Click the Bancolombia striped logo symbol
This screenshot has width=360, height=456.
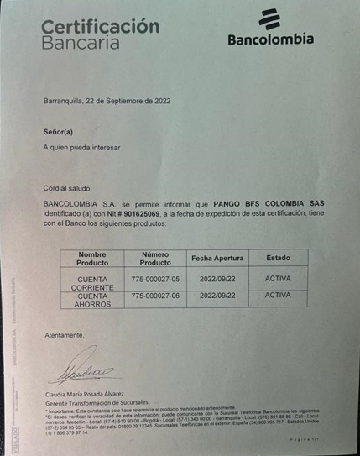(270, 19)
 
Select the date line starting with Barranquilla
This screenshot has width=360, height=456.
(107, 101)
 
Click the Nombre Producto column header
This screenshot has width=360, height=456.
(92, 258)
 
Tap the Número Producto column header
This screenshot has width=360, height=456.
(155, 258)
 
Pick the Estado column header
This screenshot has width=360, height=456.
(277, 258)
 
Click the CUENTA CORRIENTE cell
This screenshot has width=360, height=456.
(92, 283)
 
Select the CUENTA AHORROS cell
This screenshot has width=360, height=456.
(92, 300)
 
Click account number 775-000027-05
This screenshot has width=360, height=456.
(155, 278)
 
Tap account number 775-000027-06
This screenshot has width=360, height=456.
(155, 296)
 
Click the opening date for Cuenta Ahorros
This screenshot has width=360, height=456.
(217, 296)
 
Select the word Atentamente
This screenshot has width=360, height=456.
(65, 335)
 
